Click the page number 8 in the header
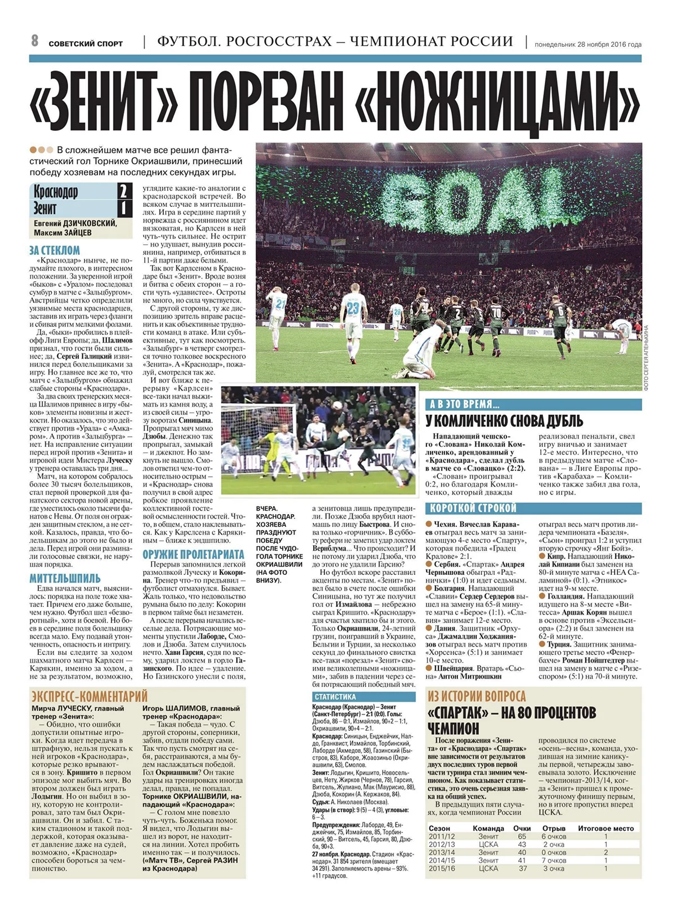34,41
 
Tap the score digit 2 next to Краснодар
122,191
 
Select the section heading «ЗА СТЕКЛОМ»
55,250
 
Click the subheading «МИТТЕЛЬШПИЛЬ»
65,578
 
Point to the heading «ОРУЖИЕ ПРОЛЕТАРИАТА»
193,554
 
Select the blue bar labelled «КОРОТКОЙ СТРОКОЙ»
533,508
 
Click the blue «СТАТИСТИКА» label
335,697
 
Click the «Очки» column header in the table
522,828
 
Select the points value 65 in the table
522,836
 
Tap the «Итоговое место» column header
606,828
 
